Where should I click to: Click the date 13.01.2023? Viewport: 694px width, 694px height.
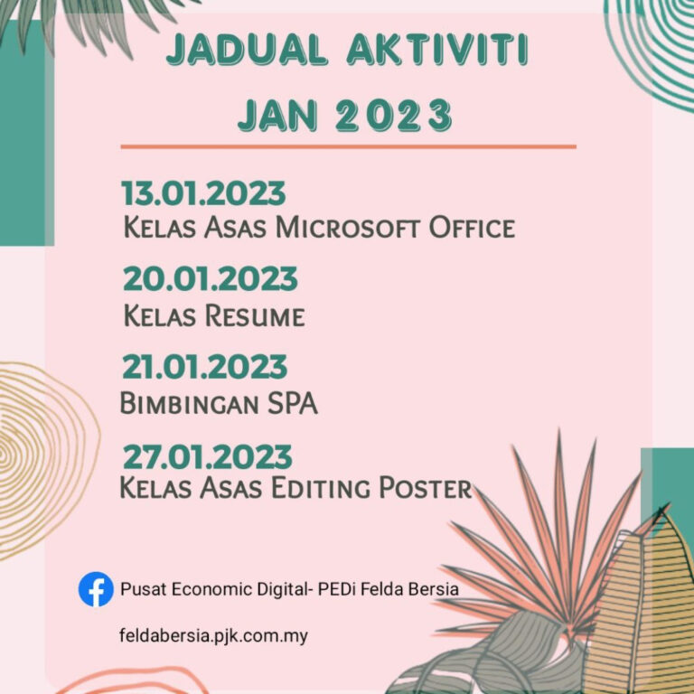[203, 193]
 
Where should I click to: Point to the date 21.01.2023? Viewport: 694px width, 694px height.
[204, 367]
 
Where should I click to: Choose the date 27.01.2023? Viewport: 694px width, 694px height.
[208, 455]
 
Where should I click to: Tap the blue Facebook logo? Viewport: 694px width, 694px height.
[96, 589]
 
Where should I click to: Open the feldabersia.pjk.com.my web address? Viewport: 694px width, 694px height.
[213, 635]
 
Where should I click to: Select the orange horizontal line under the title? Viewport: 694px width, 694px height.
[348, 145]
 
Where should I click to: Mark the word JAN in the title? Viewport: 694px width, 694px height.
[272, 116]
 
